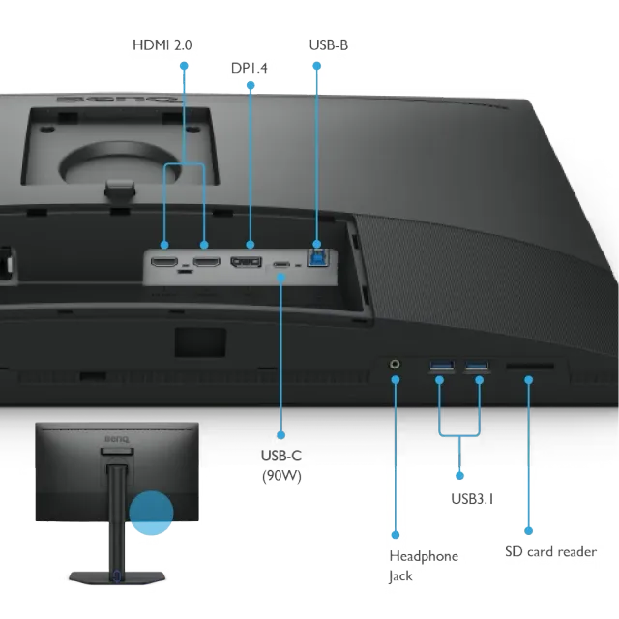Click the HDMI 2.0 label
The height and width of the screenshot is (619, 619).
(x=162, y=45)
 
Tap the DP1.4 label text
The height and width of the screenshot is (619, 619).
(x=250, y=68)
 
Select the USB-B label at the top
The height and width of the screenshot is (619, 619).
(x=329, y=45)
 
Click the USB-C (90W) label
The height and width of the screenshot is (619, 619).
(x=281, y=465)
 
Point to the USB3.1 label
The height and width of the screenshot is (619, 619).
(x=472, y=499)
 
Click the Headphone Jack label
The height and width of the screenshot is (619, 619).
(x=424, y=566)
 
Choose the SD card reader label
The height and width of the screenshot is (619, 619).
(x=550, y=551)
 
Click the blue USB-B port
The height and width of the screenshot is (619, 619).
(x=317, y=258)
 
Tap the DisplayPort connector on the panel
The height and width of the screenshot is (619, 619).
(x=246, y=262)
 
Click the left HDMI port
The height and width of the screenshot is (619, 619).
(x=164, y=261)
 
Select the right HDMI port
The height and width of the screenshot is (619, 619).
(x=206, y=261)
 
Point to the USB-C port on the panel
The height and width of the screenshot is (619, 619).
(x=281, y=264)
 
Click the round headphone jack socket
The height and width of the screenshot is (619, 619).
(x=395, y=364)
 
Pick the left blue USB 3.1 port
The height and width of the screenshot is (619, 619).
(x=442, y=365)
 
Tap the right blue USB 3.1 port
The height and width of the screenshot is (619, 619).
(x=477, y=365)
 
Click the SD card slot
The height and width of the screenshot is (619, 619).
(x=530, y=367)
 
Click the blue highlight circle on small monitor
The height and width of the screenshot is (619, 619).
(x=151, y=513)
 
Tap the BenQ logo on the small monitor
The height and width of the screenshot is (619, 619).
(x=116, y=439)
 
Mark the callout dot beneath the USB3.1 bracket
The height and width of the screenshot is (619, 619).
(x=459, y=475)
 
